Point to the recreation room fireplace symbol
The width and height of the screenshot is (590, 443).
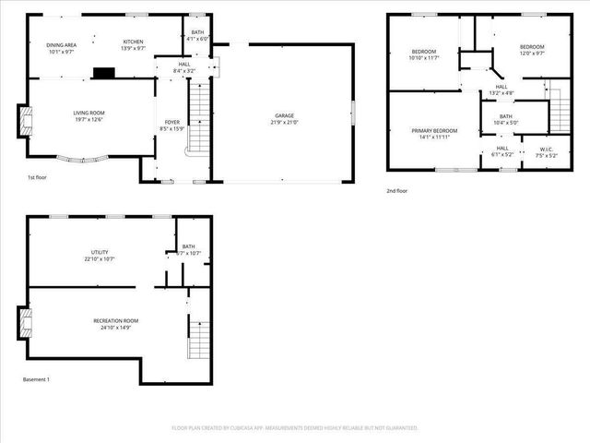tap(25, 324)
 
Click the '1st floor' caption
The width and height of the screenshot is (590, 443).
tap(36, 176)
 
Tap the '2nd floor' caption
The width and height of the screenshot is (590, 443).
tap(397, 190)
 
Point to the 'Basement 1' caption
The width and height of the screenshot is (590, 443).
tap(36, 379)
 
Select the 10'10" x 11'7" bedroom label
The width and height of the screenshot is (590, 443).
tap(422, 54)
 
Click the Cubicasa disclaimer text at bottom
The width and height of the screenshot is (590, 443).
tap(295, 428)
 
